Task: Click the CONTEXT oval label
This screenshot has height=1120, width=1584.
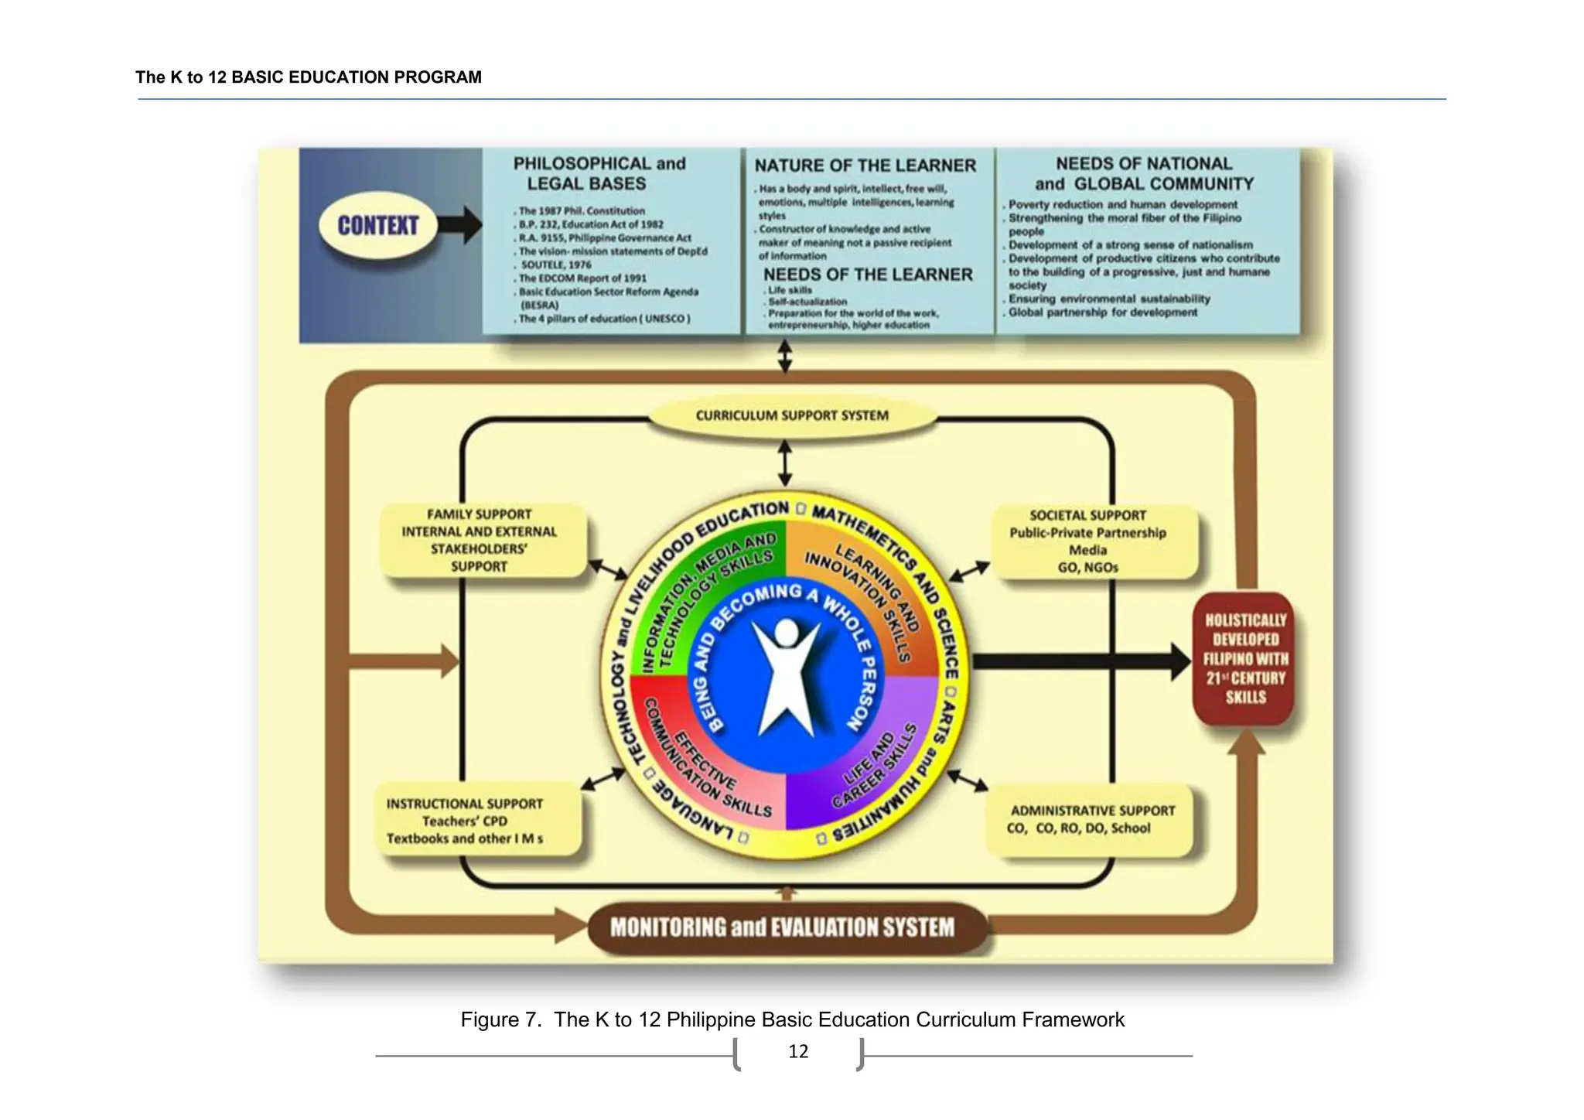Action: click(x=377, y=225)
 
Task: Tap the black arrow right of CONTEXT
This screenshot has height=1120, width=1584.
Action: click(x=460, y=225)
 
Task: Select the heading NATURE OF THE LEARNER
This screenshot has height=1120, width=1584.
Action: click(x=865, y=166)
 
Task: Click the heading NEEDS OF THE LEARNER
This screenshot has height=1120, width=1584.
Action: click(x=867, y=275)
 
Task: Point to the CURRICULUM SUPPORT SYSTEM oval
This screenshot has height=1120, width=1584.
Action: click(x=791, y=415)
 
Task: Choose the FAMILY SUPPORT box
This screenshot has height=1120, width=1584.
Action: click(x=480, y=540)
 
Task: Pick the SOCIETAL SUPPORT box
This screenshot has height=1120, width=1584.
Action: click(x=1087, y=541)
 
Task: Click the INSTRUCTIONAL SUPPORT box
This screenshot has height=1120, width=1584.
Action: click(x=466, y=821)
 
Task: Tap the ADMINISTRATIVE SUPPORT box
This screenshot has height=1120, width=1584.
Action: click(x=1091, y=819)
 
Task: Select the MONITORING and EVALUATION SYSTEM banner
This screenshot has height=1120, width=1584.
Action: click(x=783, y=927)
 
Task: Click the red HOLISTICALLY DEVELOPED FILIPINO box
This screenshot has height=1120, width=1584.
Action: click(x=1245, y=658)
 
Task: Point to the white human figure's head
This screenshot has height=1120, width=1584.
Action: click(x=787, y=632)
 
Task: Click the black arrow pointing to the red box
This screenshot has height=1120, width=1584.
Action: click(x=1083, y=661)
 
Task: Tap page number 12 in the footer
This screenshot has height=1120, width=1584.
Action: click(x=798, y=1051)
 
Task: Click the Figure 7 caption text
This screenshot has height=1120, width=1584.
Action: click(x=792, y=1019)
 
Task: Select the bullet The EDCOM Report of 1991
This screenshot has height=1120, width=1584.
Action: click(x=582, y=278)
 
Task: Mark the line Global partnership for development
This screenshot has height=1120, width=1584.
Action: click(x=1102, y=312)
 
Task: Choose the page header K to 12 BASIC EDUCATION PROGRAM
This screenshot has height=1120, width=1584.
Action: click(x=309, y=77)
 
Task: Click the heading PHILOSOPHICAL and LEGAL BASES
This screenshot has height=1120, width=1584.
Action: click(x=599, y=173)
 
